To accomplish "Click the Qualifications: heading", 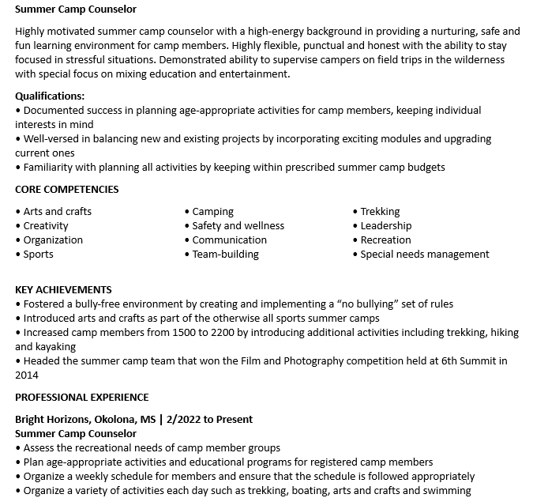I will click(x=50, y=96).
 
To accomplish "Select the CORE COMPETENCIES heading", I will click(x=67, y=189).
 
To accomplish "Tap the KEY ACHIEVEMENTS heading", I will click(x=63, y=289).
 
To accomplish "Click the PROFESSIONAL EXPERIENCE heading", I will click(x=82, y=397).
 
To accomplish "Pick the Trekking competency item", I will click(x=380, y=211).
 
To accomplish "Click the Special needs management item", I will click(x=425, y=254).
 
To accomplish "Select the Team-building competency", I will click(x=225, y=254).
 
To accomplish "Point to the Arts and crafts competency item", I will click(x=57, y=211).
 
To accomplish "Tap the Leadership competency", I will click(x=386, y=225).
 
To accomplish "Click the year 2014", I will click(x=27, y=375).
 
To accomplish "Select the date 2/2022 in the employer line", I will click(x=186, y=419).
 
